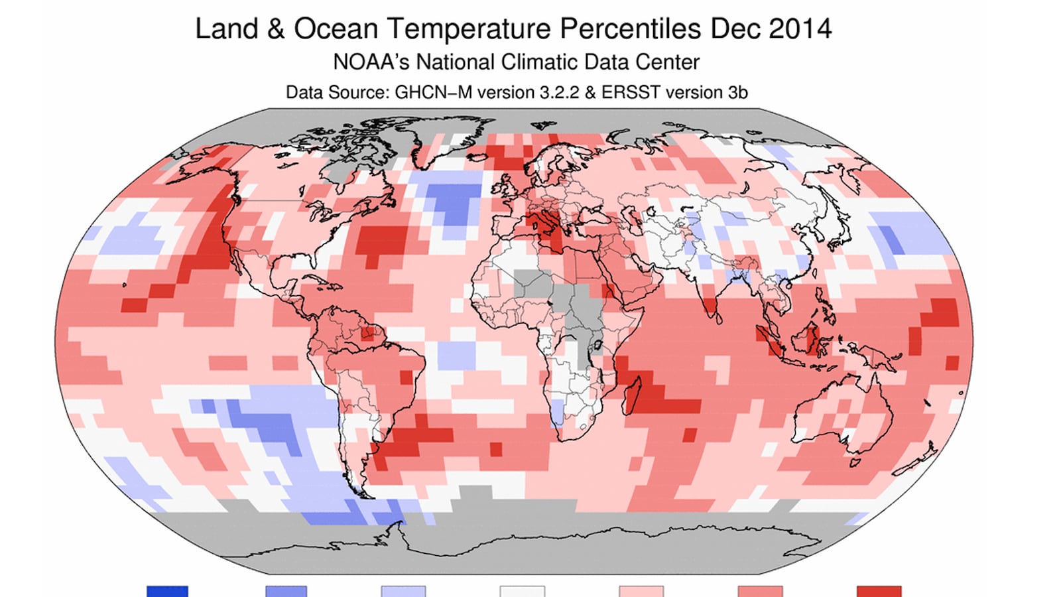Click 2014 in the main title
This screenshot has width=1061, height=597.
pyautogui.click(x=800, y=29)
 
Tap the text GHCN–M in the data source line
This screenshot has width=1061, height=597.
pyautogui.click(x=434, y=92)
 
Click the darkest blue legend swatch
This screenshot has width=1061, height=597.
pyautogui.click(x=167, y=591)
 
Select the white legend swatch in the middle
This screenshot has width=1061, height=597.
pyautogui.click(x=522, y=591)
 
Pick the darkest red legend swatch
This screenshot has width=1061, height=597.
pyautogui.click(x=879, y=591)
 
